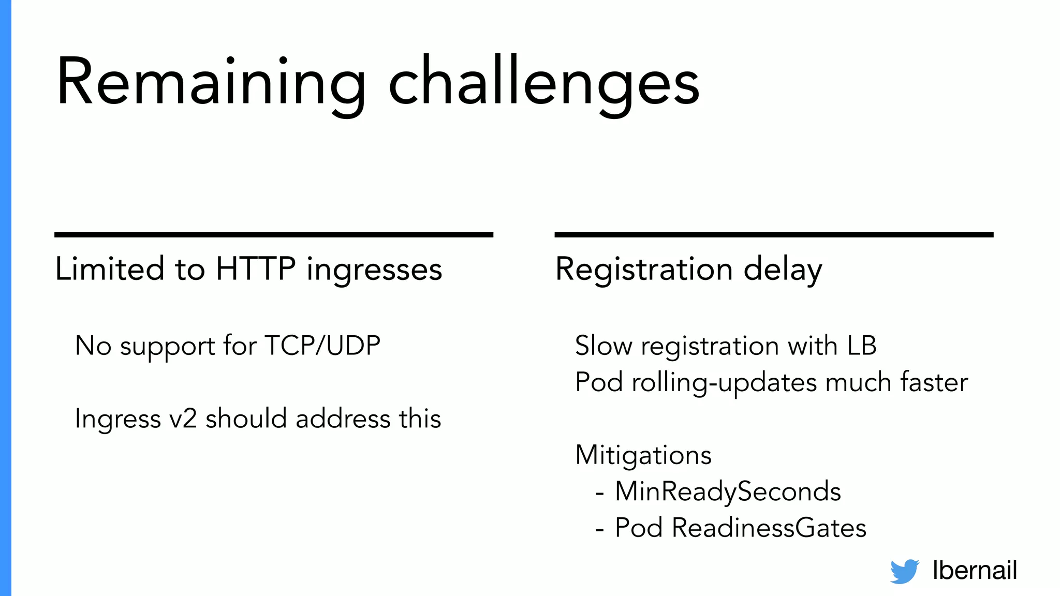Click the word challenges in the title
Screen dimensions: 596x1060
543,83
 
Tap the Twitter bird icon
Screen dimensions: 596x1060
904,571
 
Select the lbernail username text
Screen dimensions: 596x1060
975,570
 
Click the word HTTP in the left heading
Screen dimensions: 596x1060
256,269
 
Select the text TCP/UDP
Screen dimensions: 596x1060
322,346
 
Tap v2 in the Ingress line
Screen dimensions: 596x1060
183,419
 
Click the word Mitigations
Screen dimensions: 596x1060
643,455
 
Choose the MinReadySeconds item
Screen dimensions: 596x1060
728,491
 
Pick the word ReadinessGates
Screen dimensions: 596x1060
769,528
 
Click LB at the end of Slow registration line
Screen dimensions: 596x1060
862,346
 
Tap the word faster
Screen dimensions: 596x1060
934,382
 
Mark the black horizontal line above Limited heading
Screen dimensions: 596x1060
273,235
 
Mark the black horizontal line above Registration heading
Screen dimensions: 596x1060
774,235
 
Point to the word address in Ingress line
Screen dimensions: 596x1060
343,419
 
